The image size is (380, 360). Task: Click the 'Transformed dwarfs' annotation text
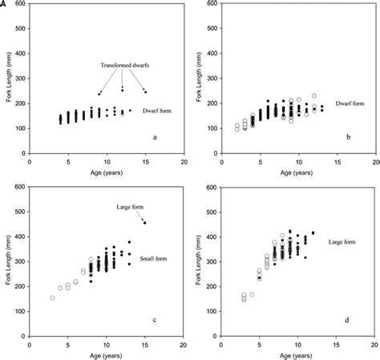126,65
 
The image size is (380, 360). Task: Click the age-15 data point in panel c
145,223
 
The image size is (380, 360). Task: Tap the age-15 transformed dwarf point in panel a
145,92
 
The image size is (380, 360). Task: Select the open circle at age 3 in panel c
53,298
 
